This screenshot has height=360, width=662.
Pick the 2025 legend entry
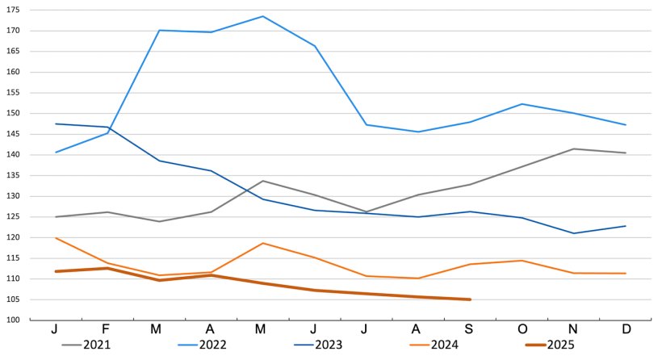pos(559,345)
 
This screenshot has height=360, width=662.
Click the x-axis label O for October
pos(522,329)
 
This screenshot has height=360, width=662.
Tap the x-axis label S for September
pos(470,329)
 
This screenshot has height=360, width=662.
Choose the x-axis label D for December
pos(626,329)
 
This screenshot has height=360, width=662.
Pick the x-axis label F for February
pos(107,329)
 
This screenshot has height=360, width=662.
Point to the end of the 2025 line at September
pos(470,299)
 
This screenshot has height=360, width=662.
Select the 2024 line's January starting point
pos(56,238)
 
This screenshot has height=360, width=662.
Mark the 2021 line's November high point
pos(574,149)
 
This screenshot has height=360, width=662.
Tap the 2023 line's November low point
pos(574,233)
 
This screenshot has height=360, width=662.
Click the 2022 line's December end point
pos(626,125)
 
